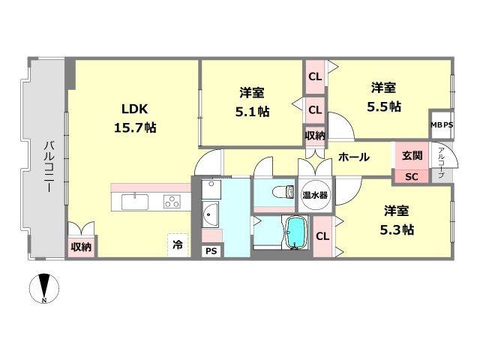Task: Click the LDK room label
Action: (x=135, y=109)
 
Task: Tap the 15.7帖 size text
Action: (x=135, y=127)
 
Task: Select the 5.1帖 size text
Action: (x=252, y=112)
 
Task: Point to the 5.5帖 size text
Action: (x=384, y=106)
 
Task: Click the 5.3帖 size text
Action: (x=397, y=229)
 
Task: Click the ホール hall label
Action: (x=354, y=157)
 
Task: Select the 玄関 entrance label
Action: (x=412, y=155)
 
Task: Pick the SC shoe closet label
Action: (x=412, y=177)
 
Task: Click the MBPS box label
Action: (x=442, y=125)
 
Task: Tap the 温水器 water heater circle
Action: (x=315, y=195)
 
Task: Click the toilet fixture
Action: (x=283, y=192)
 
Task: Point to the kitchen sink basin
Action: (x=135, y=202)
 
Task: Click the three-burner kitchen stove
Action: (x=172, y=202)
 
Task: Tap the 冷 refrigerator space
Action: (x=178, y=245)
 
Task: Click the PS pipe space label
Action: (x=211, y=251)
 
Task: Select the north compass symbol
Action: (x=44, y=288)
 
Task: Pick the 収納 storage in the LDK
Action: (x=81, y=247)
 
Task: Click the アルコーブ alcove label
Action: (x=441, y=163)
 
